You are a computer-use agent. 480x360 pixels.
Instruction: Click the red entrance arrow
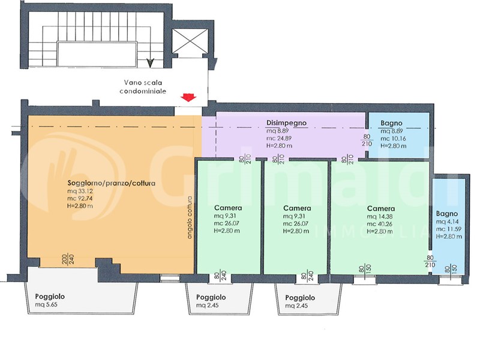188,98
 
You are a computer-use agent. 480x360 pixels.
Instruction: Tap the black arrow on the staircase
150,62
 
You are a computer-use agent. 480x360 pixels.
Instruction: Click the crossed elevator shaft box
190,41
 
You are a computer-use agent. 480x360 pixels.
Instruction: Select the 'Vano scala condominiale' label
143,86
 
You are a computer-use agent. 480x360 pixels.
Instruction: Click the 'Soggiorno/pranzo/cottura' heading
111,184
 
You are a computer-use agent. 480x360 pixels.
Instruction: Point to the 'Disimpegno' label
286,123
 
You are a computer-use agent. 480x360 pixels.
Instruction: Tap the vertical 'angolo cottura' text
190,217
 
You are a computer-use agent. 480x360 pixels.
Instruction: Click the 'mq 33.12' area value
80,191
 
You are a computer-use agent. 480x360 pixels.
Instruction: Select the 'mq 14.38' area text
380,217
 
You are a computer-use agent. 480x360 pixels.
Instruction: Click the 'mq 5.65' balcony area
46,305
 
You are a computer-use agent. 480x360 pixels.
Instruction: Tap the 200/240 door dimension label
68,260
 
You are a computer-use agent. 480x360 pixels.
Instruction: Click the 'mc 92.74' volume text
80,199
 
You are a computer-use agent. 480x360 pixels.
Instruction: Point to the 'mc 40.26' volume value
380,224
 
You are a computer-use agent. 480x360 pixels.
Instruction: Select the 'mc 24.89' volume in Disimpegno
279,139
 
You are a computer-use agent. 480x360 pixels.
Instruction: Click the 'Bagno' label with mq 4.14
447,214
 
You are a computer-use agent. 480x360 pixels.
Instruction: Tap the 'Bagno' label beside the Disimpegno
391,123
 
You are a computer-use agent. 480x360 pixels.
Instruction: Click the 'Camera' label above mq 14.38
381,208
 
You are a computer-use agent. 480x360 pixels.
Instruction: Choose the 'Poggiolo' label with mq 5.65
50,296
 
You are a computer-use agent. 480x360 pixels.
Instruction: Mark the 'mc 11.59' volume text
448,229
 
